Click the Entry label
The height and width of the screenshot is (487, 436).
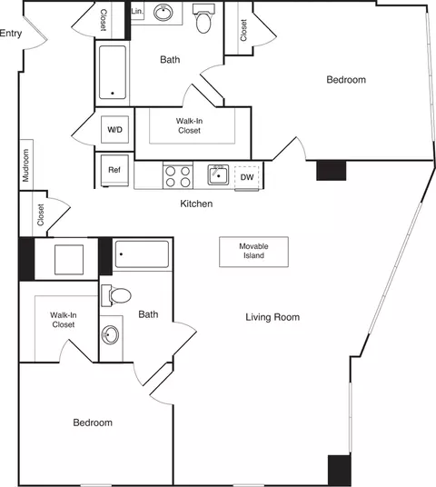point(11,34)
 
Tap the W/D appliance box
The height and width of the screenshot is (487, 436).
point(115,130)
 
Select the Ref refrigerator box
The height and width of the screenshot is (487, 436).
point(114,170)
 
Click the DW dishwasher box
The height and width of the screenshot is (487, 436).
point(247,177)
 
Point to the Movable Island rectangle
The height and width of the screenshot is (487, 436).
point(253,252)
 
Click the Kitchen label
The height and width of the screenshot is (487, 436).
point(196,204)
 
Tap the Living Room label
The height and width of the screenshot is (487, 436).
point(272,317)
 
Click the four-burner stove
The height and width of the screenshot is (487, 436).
point(177,174)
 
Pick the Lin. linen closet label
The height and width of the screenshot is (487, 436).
point(137,11)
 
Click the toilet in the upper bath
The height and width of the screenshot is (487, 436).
point(203,20)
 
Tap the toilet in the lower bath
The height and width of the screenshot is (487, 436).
point(118,294)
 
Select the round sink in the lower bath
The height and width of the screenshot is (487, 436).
point(112,335)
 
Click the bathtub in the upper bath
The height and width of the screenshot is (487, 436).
point(113,72)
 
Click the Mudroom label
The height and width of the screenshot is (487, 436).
point(26,165)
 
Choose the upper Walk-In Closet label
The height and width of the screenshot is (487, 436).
point(188,125)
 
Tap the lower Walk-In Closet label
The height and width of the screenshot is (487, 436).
point(63,319)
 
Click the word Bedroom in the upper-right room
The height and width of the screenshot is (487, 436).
point(346,80)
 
